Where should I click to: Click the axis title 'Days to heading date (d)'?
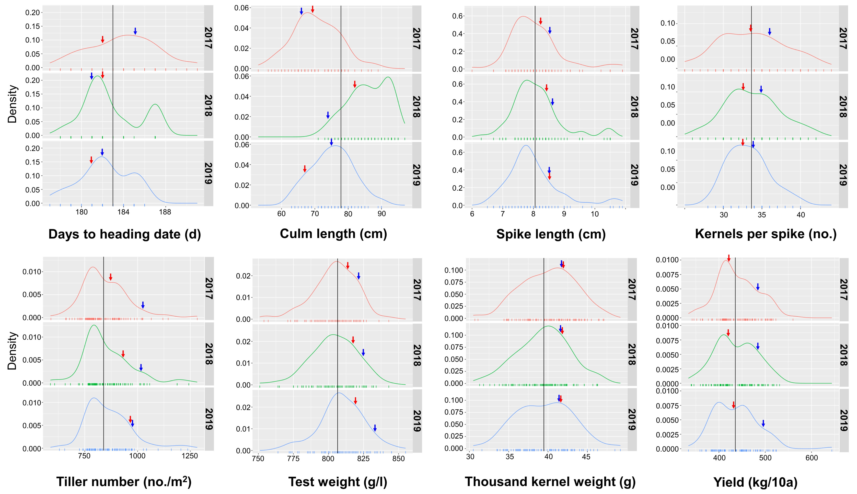pyautogui.click(x=124, y=234)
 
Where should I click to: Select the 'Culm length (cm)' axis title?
pyautogui.click(x=333, y=234)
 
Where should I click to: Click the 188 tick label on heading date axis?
pyautogui.click(x=165, y=212)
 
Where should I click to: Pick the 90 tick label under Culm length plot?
pyautogui.click(x=382, y=214)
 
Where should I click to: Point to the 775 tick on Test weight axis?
pyautogui.click(x=293, y=459)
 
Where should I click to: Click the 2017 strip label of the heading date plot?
pyautogui.click(x=208, y=38)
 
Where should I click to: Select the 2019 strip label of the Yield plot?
pyautogui.click(x=843, y=420)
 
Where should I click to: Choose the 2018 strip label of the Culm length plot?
pyautogui.click(x=416, y=107)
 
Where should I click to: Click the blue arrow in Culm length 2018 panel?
pyautogui.click(x=328, y=115)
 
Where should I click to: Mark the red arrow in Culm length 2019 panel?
pyautogui.click(x=305, y=169)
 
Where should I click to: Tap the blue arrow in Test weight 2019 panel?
pyautogui.click(x=375, y=428)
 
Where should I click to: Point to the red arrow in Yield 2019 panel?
pyautogui.click(x=734, y=405)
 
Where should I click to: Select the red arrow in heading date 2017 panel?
pyautogui.click(x=102, y=39)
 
